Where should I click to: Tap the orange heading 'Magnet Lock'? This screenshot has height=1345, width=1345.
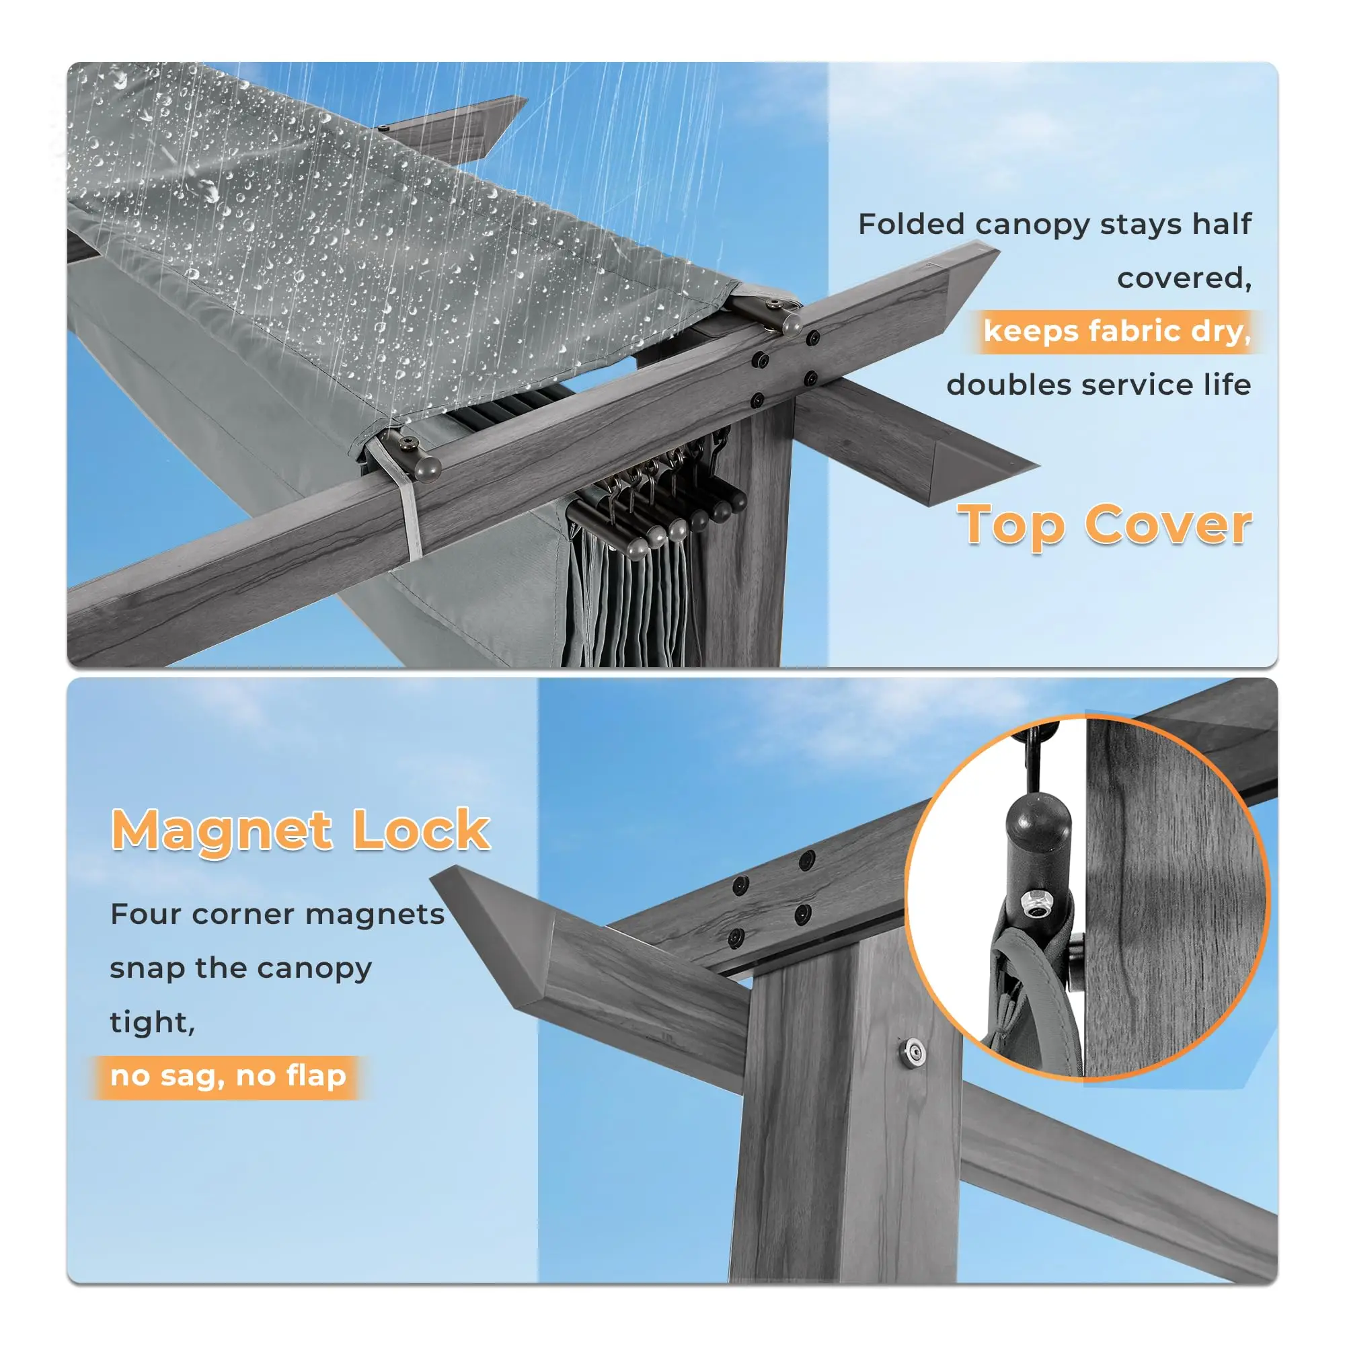[x=301, y=830]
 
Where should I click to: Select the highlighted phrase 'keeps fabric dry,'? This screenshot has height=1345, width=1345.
[x=1117, y=332]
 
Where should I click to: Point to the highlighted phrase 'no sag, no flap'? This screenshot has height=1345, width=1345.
[x=229, y=1075]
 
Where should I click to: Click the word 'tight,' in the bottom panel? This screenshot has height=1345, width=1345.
[x=153, y=1023]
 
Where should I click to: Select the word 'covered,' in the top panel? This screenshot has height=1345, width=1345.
[x=1184, y=278]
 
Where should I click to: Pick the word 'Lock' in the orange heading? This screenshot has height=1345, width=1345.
[x=421, y=830]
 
